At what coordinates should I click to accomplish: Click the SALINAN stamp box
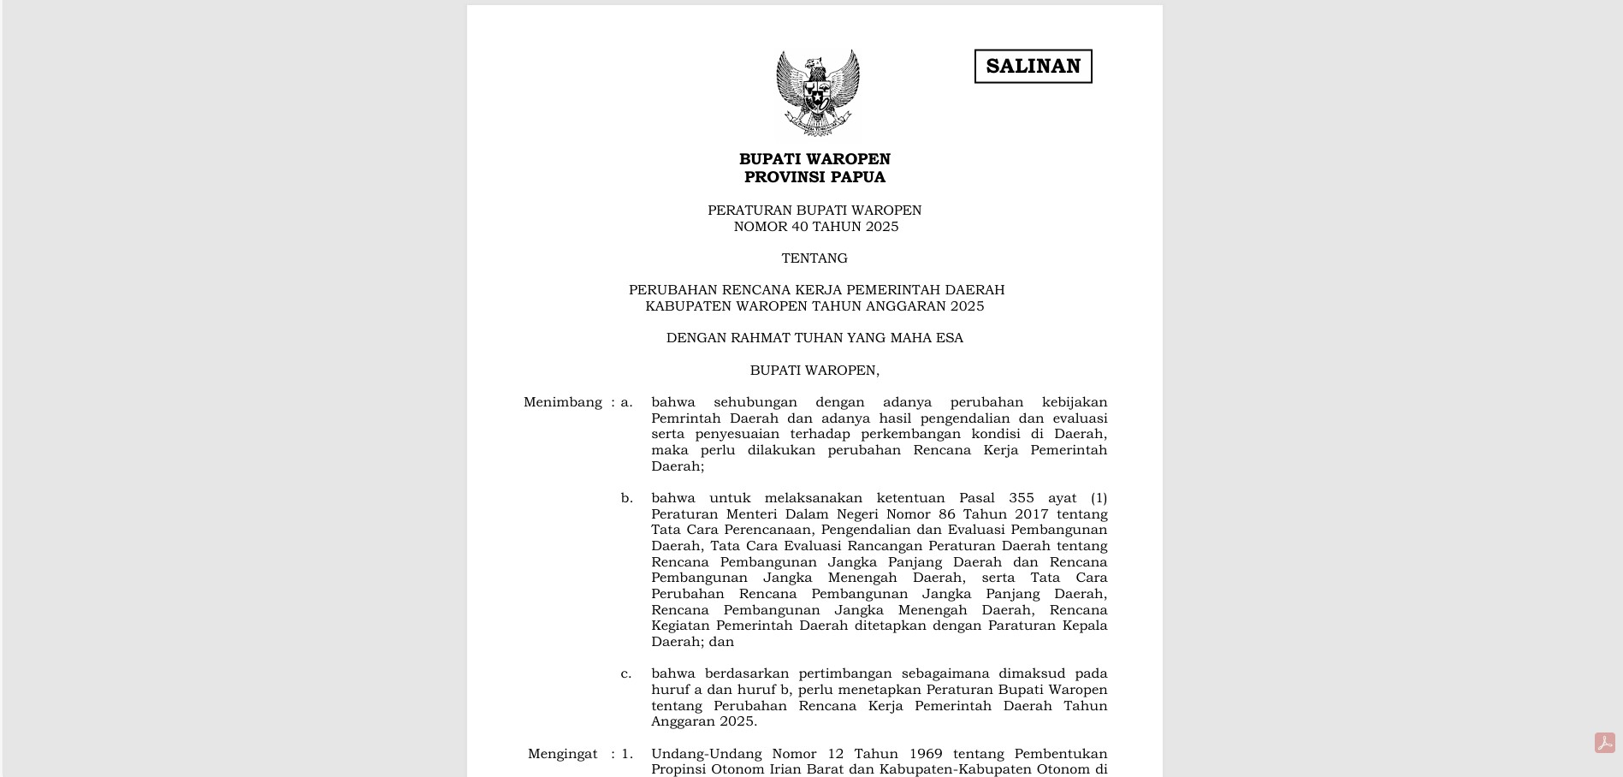1033,66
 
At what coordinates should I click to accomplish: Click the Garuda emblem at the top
817,92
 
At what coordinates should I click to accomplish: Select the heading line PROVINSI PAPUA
814,177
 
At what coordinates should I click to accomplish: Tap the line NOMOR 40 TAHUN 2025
815,227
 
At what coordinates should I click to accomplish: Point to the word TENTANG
814,258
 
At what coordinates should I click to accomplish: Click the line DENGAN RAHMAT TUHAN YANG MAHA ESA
814,338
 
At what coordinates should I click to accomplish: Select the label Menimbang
562,402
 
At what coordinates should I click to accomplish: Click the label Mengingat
562,754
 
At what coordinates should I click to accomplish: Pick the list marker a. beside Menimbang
626,402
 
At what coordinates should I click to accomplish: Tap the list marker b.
627,498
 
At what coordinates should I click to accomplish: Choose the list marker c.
626,673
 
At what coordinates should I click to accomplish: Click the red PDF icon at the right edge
1604,743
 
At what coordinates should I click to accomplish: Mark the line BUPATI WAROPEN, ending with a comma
814,371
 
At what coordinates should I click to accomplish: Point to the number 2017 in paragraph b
1031,514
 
